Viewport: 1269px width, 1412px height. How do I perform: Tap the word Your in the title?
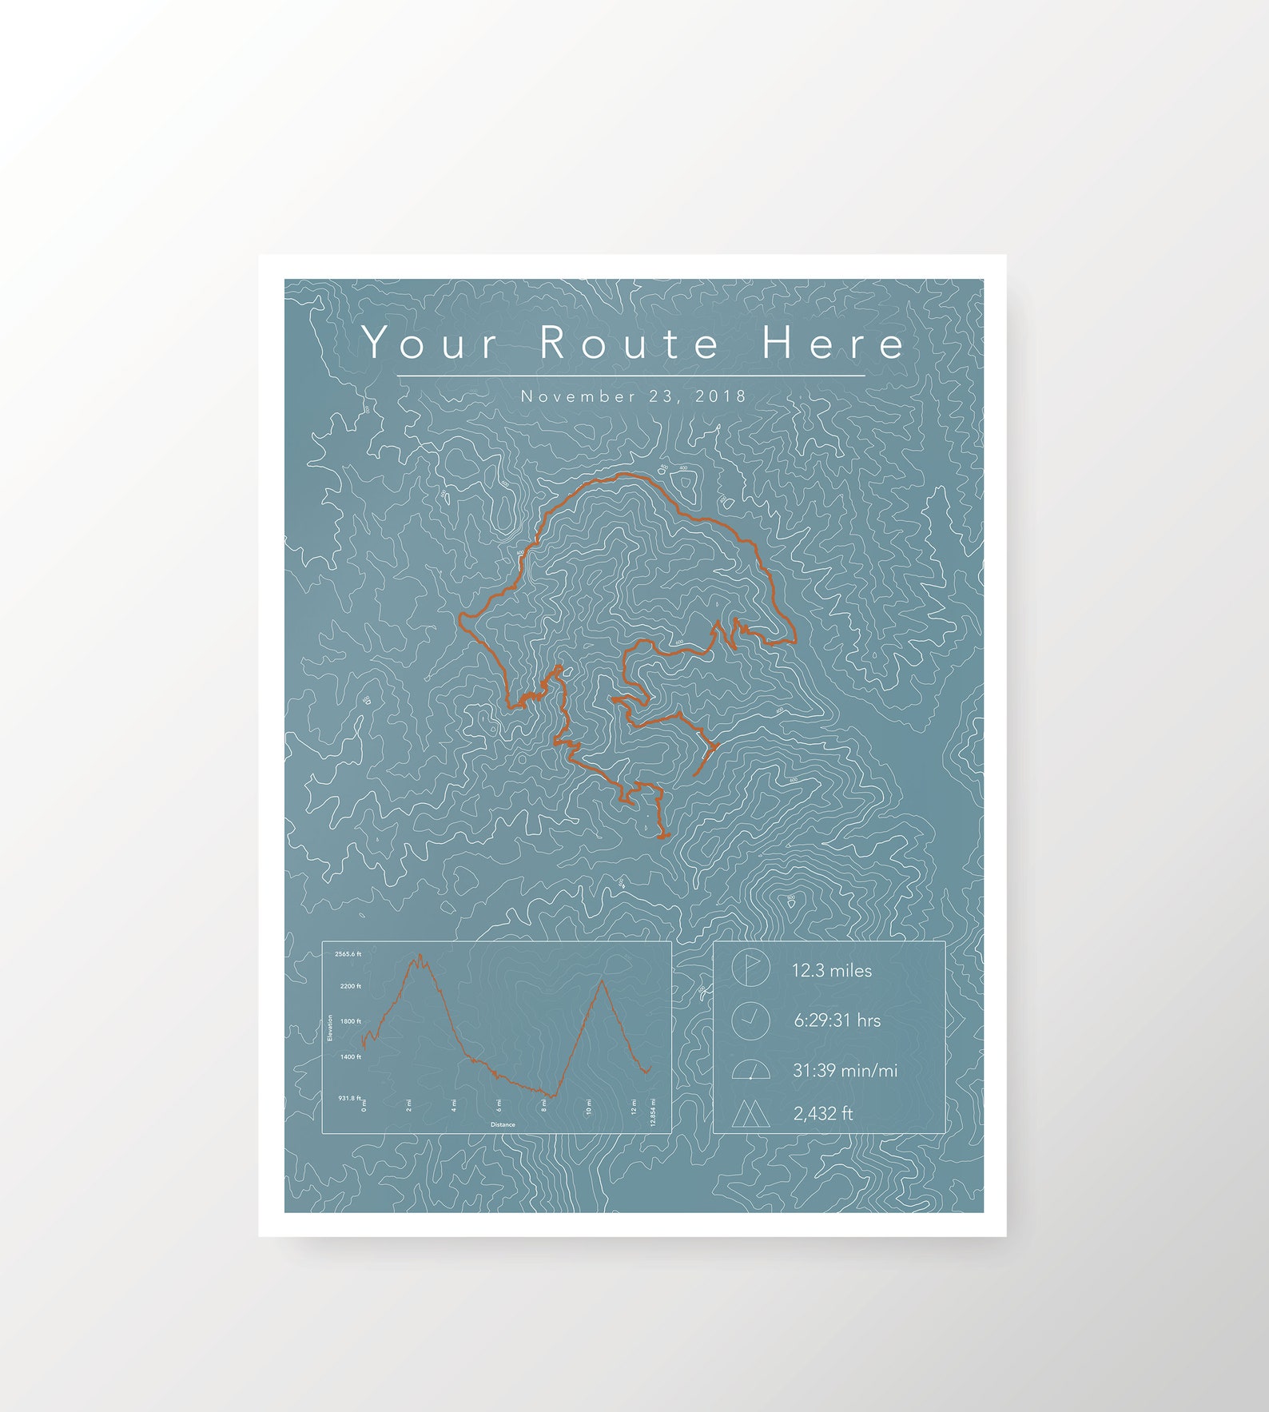coord(430,344)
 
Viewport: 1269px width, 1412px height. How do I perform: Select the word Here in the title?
coord(833,343)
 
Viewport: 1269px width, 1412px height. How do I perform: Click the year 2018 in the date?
coord(721,396)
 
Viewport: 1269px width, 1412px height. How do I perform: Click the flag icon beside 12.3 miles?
coord(750,969)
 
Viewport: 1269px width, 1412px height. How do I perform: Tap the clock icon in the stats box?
coord(750,1020)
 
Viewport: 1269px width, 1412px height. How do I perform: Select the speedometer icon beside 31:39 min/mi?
coord(750,1070)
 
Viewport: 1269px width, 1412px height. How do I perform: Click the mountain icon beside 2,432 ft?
coord(750,1113)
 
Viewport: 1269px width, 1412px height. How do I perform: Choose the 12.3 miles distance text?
coord(831,970)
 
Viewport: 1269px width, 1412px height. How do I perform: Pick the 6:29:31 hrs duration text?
coord(837,1020)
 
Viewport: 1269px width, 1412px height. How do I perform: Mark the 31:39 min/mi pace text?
coord(845,1070)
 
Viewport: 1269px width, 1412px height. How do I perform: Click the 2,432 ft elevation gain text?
coord(822,1113)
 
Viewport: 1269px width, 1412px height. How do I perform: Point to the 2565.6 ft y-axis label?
coord(348,953)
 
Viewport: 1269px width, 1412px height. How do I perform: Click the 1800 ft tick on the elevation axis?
coord(351,1021)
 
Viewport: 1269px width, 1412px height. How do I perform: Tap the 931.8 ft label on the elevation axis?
coord(349,1098)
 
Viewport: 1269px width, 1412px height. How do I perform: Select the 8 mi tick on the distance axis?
coord(544,1106)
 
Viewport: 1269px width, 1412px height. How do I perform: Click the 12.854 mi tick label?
coord(653,1112)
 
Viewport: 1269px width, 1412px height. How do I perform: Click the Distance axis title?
coord(503,1124)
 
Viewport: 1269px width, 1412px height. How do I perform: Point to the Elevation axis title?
coord(330,1028)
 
